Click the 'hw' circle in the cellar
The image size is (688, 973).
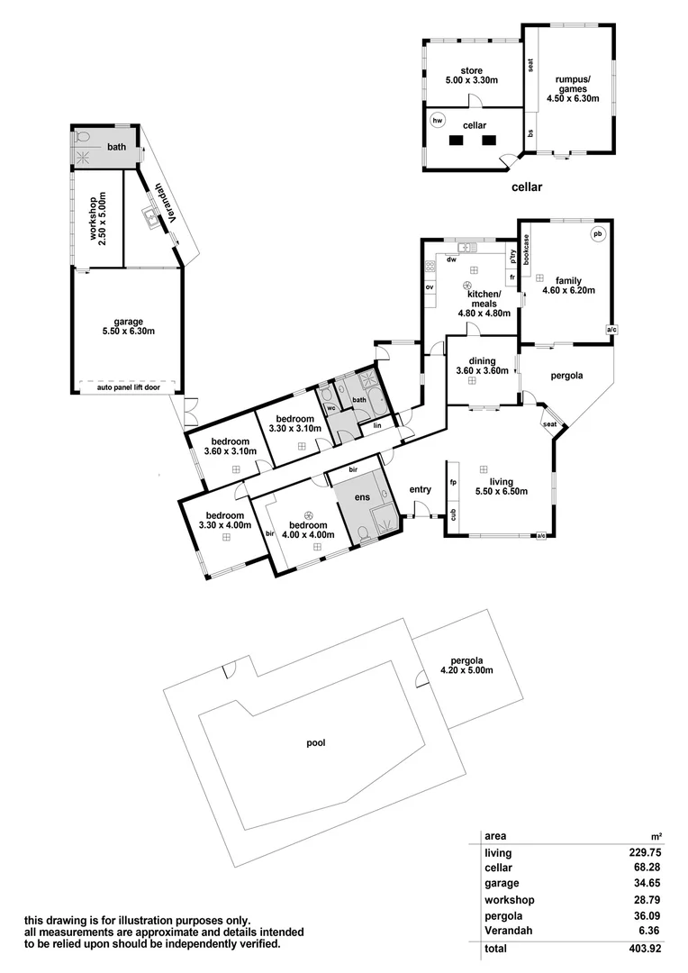point(439,120)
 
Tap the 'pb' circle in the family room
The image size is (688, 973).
point(596,234)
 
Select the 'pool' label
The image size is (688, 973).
point(315,743)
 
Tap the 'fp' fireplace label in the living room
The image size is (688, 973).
point(453,483)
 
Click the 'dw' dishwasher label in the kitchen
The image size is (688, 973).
point(450,259)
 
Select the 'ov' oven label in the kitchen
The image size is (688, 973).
point(430,287)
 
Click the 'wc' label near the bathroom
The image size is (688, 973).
point(331,408)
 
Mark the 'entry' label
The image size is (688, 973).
point(421,489)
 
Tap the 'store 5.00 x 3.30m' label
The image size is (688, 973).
point(472,76)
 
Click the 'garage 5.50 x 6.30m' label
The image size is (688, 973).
point(128,326)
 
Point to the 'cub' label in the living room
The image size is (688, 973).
point(453,514)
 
